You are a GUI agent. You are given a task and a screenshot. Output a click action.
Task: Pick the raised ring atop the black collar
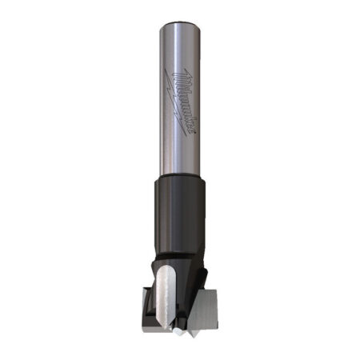[181, 180]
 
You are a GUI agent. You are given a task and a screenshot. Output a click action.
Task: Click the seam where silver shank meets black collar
[181, 175]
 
